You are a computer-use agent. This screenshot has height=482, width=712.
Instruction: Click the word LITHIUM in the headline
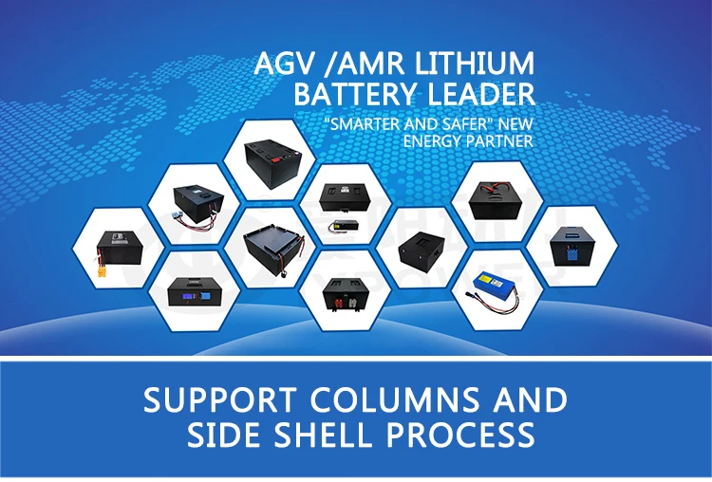pyautogui.click(x=478, y=65)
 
